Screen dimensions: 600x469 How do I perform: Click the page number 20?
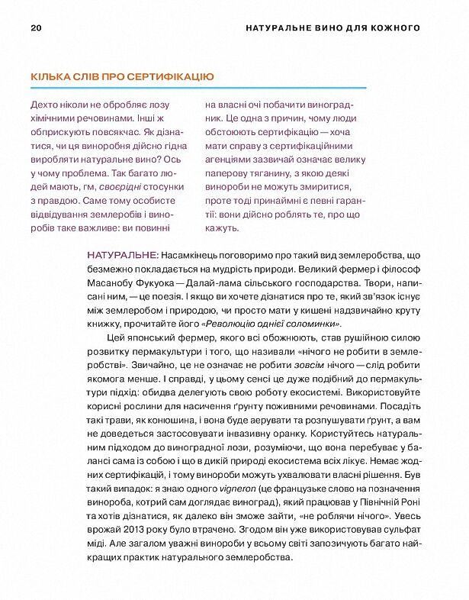pos(36,28)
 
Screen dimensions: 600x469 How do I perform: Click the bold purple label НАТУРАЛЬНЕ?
pos(123,253)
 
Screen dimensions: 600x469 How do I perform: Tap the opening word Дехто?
pos(44,105)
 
